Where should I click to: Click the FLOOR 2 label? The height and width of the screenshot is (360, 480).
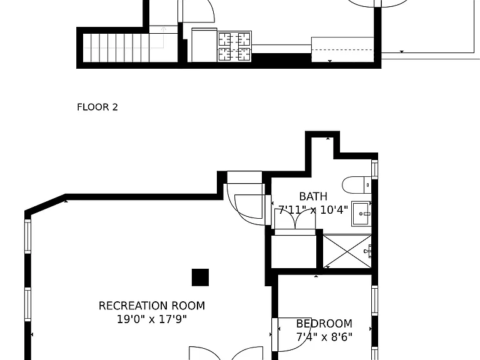point(97,107)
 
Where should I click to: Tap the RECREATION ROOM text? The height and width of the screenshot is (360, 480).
point(152,306)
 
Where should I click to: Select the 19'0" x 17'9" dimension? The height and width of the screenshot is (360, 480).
point(152,319)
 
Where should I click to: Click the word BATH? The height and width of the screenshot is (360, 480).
point(313,196)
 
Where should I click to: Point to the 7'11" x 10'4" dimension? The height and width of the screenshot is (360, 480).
point(313,210)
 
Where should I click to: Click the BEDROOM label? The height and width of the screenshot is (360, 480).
point(324,324)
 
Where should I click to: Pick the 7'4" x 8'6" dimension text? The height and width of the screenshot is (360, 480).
point(324,337)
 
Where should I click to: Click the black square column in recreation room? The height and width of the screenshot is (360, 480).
point(200,277)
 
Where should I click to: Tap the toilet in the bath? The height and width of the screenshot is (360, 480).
point(357,185)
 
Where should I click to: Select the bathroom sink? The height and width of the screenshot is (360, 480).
point(361,214)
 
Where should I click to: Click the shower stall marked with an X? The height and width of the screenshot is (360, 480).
point(347,251)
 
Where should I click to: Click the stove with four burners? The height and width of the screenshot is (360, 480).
point(235,46)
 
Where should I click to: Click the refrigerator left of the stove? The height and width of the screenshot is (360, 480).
point(204,45)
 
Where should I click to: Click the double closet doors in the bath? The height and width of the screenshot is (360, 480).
point(295,218)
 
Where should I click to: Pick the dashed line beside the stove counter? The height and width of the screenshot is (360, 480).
point(342,49)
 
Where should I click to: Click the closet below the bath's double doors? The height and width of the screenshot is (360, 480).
point(294,251)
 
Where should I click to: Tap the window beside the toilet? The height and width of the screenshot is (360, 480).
point(375,169)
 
